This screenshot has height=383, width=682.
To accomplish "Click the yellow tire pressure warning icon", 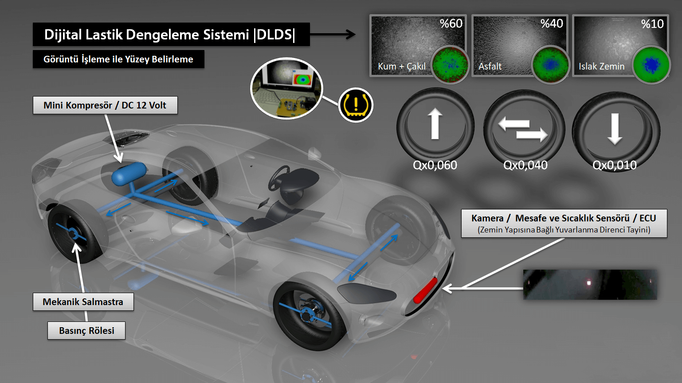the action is [356, 105].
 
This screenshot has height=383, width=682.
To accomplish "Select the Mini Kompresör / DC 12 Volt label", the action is [105, 105].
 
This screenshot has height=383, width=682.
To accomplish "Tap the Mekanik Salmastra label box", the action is [83, 302].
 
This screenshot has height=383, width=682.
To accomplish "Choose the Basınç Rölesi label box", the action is [86, 330].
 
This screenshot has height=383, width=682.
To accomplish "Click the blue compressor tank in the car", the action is [129, 174].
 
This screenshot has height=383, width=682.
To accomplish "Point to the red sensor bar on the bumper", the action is [425, 291].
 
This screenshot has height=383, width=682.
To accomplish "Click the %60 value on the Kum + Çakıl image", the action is [451, 23].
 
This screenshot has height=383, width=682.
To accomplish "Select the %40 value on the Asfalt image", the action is [552, 23].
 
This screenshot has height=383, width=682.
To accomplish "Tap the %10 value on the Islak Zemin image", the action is [652, 24].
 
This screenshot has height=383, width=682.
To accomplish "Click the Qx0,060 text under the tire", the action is [435, 165].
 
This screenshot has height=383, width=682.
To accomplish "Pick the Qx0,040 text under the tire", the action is [525, 165].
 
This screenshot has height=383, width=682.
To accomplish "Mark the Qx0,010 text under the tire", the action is [615, 165].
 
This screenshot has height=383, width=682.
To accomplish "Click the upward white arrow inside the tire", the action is [435, 124].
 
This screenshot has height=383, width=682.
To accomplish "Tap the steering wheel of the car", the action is [278, 178].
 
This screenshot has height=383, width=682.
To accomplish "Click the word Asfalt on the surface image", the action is [490, 66].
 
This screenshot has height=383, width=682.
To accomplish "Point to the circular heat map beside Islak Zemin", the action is [651, 65].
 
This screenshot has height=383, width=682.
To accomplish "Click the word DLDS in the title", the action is [274, 35].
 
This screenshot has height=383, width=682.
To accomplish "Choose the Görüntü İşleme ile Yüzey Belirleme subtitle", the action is [118, 59].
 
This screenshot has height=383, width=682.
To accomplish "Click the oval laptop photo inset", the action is [286, 88].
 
